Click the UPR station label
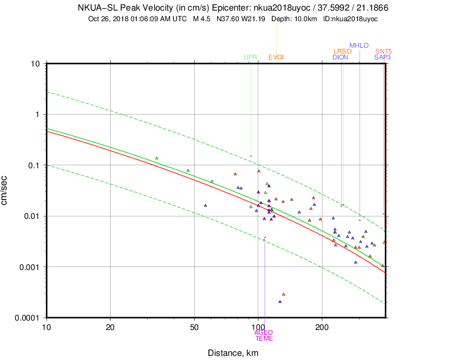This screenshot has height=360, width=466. coord(250,57)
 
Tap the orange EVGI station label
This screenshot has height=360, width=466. coord(276,57)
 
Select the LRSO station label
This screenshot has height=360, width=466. coord(342,51)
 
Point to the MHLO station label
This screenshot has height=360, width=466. coord(359,45)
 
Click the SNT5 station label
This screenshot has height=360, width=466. coord(384,51)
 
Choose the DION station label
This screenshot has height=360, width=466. coord(340,57)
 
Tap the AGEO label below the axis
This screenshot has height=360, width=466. coord(264,332)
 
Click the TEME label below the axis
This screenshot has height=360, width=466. coord(264,338)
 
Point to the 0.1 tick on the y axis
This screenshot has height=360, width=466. coord(34,165)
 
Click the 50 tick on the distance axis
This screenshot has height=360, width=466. coord(194,326)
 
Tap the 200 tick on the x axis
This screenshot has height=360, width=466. coord(321,326)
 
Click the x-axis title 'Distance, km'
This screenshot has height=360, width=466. coord(232,353)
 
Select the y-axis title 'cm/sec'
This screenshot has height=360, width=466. coord(5,191)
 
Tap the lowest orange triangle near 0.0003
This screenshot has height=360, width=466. coord(284,294)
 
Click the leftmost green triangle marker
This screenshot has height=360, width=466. coord(157,158)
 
